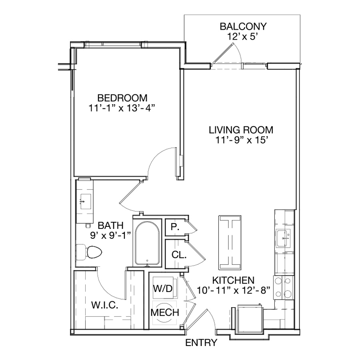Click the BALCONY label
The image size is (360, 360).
coord(243,26)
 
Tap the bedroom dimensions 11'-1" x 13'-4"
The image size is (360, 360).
coord(122,108)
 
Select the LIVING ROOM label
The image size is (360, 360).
coord(241,130)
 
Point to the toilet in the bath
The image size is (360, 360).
coord(89,252)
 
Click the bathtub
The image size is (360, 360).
coord(147,243)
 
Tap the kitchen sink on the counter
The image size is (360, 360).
coord(283,238)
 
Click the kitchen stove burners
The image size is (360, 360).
coord(284,288)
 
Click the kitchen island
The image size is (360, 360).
coord(230,242)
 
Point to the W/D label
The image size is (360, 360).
coord(163,288)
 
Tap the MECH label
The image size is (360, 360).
coord(165,312)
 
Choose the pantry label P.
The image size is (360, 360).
coord(175,227)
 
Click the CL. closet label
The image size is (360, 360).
coord(179,255)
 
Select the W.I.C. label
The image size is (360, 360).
coord(105,305)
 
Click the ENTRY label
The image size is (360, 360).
coord(201,343)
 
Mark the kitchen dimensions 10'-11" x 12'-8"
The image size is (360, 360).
coord(233,290)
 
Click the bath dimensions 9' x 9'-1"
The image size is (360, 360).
coord(111,235)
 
